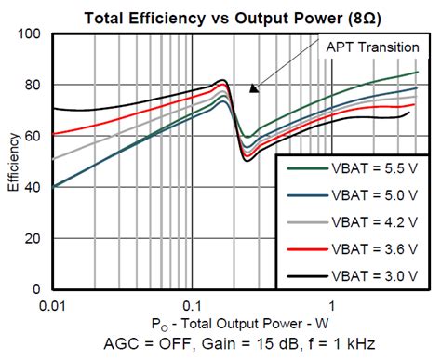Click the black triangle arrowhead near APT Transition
point(252,88)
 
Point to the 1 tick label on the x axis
point(331,305)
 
